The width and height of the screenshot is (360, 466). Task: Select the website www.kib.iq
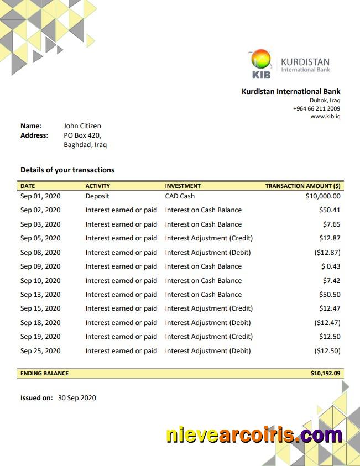[325, 117]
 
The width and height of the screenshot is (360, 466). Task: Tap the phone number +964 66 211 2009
[316, 108]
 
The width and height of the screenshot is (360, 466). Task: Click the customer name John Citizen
[82, 126]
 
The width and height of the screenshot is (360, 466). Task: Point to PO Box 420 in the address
[82, 135]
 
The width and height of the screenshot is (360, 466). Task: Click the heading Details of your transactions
[67, 170]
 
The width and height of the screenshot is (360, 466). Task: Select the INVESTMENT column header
[182, 186]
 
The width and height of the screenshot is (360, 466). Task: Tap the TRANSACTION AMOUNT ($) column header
[302, 186]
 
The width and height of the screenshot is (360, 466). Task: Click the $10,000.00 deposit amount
[323, 196]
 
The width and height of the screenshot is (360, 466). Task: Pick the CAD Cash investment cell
[180, 196]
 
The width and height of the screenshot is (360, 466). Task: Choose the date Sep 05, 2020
[40, 238]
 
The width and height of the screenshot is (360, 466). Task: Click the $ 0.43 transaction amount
[331, 266]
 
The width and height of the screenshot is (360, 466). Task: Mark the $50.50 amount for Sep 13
[330, 295]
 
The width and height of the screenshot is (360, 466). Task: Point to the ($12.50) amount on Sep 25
[327, 351]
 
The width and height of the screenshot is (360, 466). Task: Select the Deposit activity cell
[97, 196]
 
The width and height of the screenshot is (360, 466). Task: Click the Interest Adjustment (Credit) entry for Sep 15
[208, 308]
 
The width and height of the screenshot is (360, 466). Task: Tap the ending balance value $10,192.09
[325, 374]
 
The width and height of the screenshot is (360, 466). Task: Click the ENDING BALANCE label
[45, 374]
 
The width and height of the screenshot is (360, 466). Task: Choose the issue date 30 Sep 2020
[77, 397]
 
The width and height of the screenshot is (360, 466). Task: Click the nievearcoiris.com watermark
[254, 435]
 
